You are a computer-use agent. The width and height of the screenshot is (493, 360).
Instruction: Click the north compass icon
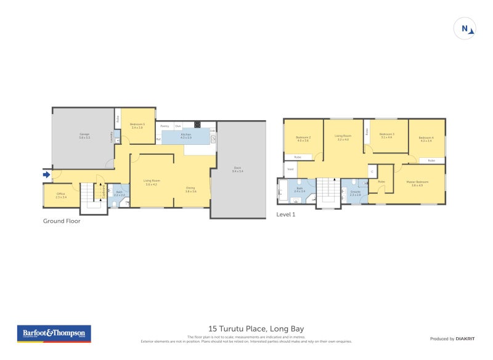[464, 28]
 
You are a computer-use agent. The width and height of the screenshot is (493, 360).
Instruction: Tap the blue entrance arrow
[46, 175]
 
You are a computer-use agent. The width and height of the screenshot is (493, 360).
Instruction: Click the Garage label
[84, 136]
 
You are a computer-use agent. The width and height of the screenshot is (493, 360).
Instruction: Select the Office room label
[61, 195]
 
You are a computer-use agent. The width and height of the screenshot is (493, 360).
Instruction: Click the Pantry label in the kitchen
[165, 126]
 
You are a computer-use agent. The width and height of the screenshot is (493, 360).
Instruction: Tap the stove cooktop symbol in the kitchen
[197, 125]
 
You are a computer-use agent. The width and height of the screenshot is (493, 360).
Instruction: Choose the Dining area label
[191, 190]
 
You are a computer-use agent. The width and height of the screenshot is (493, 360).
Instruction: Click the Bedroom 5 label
[137, 126]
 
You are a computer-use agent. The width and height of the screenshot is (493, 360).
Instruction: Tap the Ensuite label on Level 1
[356, 192]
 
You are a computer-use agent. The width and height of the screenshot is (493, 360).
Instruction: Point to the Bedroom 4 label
[426, 139]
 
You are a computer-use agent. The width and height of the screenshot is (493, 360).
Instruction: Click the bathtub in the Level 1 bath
[283, 190]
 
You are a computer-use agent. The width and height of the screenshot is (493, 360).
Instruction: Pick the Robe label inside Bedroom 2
[297, 157]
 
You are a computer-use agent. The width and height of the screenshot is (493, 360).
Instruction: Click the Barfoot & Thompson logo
[54, 333]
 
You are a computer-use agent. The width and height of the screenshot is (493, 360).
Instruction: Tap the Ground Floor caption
[62, 221]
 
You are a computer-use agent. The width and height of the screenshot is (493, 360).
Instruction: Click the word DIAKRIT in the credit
[463, 338]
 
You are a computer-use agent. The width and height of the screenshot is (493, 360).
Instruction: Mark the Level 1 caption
[286, 215]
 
